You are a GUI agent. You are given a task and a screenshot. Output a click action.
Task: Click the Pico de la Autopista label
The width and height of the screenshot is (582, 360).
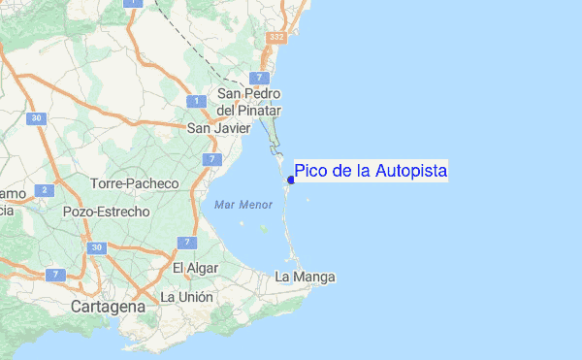pos(371,172)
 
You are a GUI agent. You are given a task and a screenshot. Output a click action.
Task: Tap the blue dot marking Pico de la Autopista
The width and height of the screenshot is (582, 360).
pos(291,180)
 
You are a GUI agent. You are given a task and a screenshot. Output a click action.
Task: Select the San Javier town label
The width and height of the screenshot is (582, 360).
pos(218,128)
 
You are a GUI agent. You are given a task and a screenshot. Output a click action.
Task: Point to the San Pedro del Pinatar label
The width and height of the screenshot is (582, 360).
pos(248,101)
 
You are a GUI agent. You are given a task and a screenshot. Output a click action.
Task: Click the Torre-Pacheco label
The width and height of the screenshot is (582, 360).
pos(135,183)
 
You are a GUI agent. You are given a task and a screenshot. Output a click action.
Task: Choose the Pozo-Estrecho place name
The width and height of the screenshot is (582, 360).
pos(106,212)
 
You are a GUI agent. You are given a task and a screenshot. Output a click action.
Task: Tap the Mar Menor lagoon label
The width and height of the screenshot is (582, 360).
pos(236,205)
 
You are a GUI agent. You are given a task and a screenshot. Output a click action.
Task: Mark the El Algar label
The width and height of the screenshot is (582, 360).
pos(192,268)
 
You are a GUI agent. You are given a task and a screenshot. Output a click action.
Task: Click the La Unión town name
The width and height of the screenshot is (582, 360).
pos(186,297)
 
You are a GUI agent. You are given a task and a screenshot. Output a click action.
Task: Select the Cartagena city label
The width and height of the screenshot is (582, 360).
pos(108,307)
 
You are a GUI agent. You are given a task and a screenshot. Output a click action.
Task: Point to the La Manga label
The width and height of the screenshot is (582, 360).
pos(305,278)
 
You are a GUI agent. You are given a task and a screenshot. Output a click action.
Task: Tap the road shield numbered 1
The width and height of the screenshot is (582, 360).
pos(196,101)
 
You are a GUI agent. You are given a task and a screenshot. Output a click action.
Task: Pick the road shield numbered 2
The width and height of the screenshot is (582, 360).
pos(45,190)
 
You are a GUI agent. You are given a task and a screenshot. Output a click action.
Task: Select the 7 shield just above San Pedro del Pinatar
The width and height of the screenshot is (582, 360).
pos(259,77)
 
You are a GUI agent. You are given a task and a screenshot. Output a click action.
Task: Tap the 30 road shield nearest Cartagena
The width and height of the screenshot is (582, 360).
pos(97,248)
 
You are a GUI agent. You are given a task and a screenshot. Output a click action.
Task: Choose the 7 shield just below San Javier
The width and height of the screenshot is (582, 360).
pos(210,158)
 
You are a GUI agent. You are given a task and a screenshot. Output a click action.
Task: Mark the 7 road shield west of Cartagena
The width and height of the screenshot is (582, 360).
pos(55,276)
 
